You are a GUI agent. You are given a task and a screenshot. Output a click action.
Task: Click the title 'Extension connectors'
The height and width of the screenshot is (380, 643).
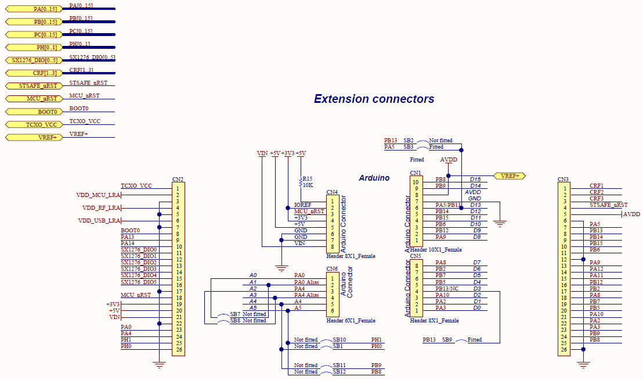coord(374,99)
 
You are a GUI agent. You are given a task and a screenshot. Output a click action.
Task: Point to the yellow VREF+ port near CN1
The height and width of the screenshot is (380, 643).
coord(510,175)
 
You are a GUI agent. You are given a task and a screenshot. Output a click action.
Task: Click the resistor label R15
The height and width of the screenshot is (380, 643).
coord(308,179)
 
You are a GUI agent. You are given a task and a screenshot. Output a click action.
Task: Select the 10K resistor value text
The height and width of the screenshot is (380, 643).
coord(308,185)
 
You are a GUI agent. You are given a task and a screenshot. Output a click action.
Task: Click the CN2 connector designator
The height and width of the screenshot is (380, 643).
coord(178,180)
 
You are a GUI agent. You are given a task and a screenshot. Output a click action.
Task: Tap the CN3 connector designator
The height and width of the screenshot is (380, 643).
coord(563,180)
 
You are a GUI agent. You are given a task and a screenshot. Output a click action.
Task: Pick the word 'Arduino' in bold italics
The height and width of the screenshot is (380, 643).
coord(374,178)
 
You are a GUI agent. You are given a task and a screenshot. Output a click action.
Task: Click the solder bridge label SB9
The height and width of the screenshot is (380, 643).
coord(447,340)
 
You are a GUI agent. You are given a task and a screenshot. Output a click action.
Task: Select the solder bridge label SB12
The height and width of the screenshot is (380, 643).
coord(339,372)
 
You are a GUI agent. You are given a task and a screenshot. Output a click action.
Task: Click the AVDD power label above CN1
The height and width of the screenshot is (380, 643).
coord(448,160)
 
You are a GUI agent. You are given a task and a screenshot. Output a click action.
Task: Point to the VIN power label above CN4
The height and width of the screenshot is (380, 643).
coord(262,153)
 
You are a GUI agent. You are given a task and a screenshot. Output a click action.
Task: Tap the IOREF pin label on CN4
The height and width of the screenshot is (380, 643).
coord(302,205)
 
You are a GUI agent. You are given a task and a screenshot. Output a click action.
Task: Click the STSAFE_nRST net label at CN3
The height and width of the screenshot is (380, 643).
coord(608,205)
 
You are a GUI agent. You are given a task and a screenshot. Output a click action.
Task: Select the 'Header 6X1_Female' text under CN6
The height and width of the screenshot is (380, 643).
coord(351,321)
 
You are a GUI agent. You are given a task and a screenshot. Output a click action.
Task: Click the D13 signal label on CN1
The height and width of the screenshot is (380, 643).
coord(475,205)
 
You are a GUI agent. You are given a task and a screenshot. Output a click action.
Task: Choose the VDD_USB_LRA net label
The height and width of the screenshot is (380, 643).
coord(99,221)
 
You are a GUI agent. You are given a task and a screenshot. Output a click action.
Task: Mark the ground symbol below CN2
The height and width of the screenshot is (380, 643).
coord(160,364)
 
